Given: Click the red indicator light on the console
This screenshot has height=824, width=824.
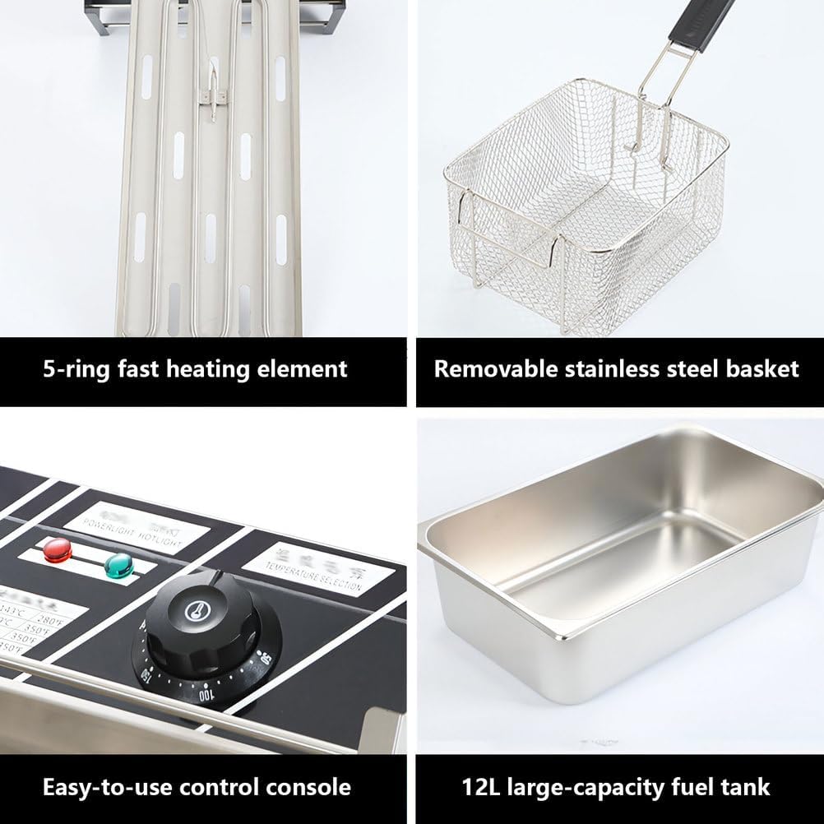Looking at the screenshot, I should tap(57, 549).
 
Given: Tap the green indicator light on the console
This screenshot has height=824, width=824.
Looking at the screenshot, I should tap(119, 564).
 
